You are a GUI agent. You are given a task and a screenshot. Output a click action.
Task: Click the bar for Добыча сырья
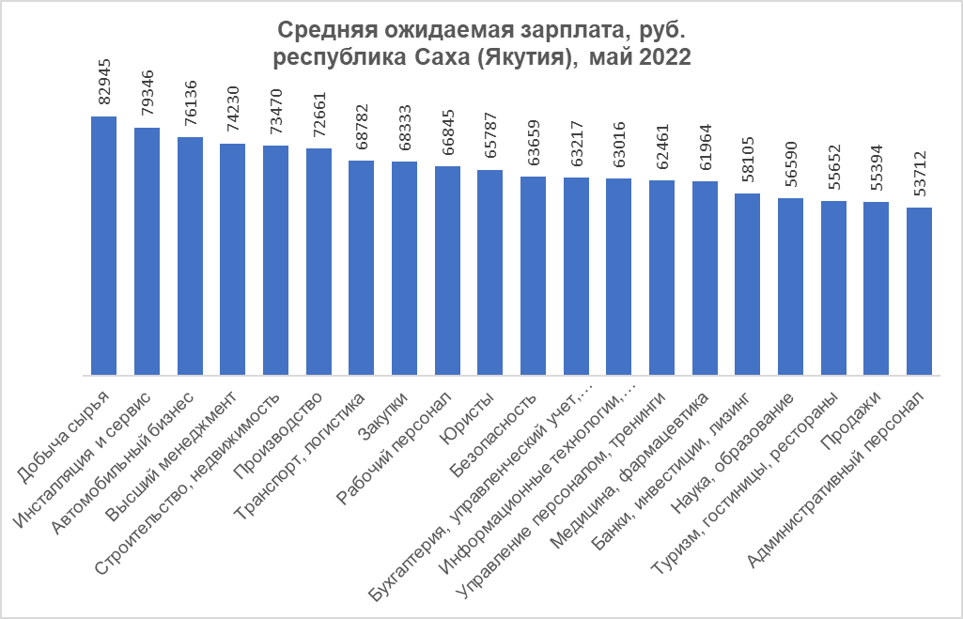[103, 244]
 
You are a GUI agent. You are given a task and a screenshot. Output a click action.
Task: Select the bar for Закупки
[405, 267]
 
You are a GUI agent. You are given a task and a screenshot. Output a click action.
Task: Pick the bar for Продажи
[877, 286]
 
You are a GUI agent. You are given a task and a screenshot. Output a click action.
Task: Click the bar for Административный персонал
[920, 289]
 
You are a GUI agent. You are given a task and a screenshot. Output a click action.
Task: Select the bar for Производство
[318, 260]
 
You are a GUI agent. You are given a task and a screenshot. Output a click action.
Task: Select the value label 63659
[534, 141]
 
